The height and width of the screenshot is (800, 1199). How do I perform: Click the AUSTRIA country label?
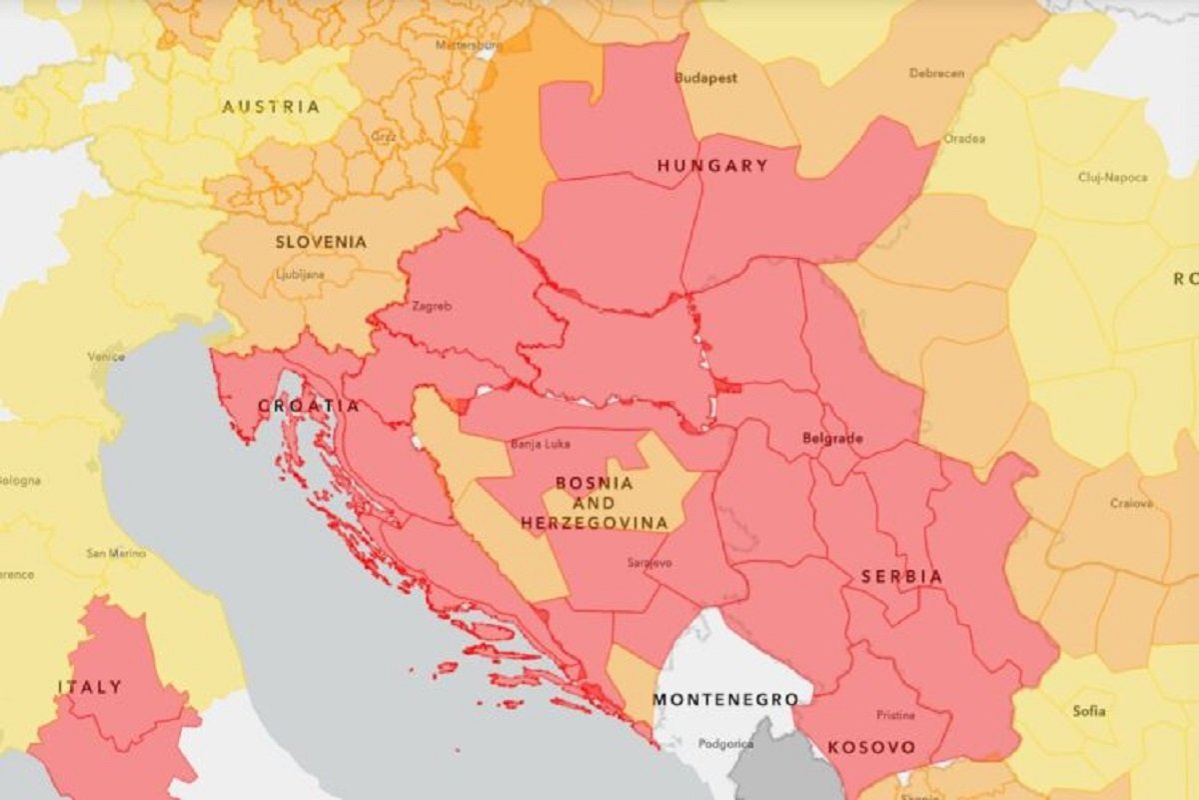click(271, 107)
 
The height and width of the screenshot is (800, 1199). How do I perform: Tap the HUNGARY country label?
click(712, 166)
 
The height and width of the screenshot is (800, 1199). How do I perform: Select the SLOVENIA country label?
click(321, 242)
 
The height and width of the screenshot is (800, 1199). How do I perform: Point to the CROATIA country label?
click(308, 406)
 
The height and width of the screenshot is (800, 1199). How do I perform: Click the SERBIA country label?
click(902, 577)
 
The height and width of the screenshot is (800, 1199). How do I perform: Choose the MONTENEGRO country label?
click(725, 699)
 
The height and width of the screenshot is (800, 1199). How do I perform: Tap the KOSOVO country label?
click(871, 747)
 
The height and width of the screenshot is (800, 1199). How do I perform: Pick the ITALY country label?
click(90, 687)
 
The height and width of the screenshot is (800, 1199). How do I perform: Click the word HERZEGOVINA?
click(594, 523)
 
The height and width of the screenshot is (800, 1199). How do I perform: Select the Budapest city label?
click(705, 78)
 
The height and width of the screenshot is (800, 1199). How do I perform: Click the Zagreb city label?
click(432, 307)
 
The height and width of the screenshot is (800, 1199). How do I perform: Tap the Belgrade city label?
click(832, 438)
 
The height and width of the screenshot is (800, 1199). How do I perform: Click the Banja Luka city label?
click(539, 443)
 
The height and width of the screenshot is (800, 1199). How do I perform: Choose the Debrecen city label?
click(936, 74)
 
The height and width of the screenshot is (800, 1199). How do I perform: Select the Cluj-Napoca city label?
click(1112, 178)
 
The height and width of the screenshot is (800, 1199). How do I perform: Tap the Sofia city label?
click(1089, 711)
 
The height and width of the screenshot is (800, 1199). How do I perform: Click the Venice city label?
click(106, 356)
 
